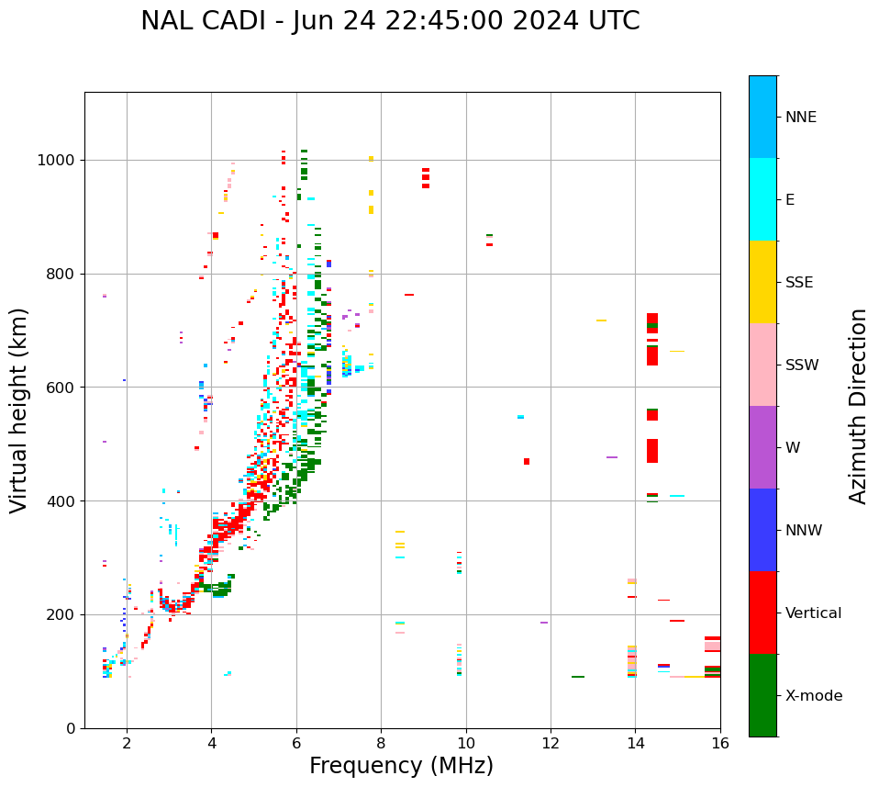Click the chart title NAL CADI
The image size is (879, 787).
click(390, 21)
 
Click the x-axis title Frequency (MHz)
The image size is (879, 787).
click(401, 766)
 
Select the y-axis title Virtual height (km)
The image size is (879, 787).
click(19, 410)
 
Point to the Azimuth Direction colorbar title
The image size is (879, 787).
click(858, 406)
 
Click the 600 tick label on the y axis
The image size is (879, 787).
click(61, 388)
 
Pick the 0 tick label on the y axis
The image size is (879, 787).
click(71, 728)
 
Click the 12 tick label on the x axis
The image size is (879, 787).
click(551, 743)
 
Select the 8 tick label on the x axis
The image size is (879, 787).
click(381, 743)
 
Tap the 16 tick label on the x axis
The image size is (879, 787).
click(720, 743)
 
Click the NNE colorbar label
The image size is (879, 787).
click(801, 118)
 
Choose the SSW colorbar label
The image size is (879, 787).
click(802, 365)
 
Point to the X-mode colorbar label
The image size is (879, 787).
click(814, 696)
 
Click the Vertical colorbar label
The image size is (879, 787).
click(813, 613)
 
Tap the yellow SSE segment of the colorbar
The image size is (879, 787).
click(762, 282)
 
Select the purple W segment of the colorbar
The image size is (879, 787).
click(762, 447)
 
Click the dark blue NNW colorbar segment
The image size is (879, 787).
click(762, 530)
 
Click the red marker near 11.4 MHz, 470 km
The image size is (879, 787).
click(527, 461)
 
